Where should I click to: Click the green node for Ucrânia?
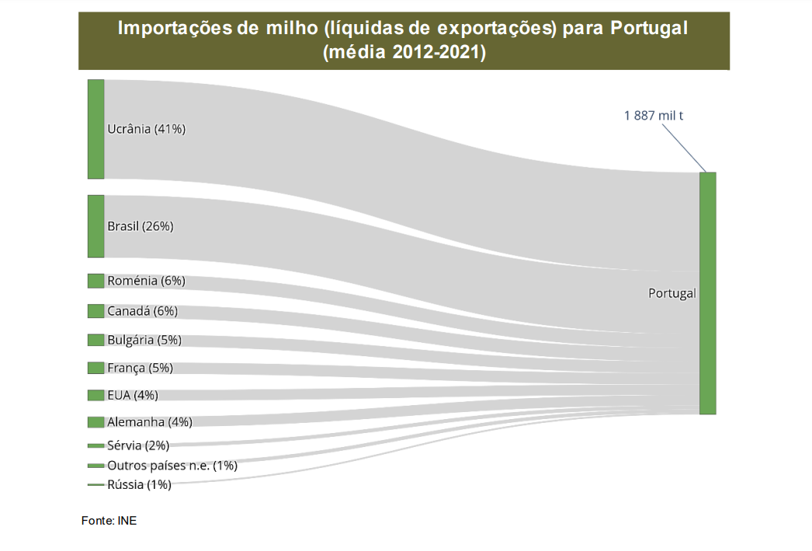pos(95,129)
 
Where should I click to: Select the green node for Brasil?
pos(95,226)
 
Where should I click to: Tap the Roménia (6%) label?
pos(146,281)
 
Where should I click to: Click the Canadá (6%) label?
pos(142,311)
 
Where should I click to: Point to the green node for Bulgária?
pos(95,340)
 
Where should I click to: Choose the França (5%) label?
pos(140,368)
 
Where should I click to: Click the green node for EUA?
pos(95,395)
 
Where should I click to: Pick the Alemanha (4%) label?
pos(149,422)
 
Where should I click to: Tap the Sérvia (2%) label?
pos(138,445)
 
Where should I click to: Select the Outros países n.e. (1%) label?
pos(172,466)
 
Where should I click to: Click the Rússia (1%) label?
pos(139,485)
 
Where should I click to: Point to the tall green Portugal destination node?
pos(707,293)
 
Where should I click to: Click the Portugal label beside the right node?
pos(671,294)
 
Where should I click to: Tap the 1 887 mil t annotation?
pos(653,116)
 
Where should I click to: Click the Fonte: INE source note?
pos(109,521)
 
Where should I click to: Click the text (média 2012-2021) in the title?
pos(404,53)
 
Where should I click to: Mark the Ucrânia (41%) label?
pos(147,129)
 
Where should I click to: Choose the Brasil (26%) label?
pos(140,227)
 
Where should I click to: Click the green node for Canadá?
pos(95,311)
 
